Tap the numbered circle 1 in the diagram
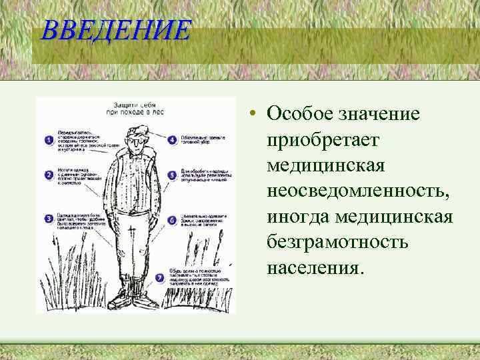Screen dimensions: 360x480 [49, 140]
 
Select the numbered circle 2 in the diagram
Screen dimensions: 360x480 [49, 175]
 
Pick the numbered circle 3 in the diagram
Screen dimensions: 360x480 [49, 218]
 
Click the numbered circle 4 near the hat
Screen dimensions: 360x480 [172, 140]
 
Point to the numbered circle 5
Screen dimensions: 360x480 [172, 175]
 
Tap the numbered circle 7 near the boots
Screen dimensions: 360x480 [159, 277]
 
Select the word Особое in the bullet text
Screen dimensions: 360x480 [297, 114]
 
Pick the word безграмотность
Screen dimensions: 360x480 [337, 242]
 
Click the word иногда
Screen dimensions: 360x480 [299, 217]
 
